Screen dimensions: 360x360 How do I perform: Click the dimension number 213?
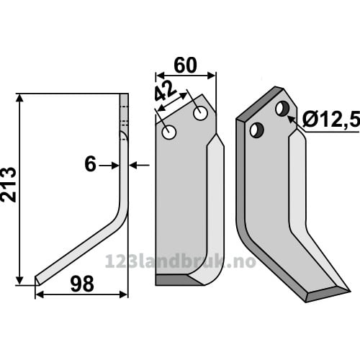click(x=9, y=185)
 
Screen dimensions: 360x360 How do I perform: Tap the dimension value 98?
click(x=82, y=284)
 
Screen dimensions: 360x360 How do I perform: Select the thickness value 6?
click(x=90, y=164)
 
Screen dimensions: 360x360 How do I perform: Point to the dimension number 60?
click(x=185, y=65)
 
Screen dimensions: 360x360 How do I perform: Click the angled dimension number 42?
click(x=166, y=91)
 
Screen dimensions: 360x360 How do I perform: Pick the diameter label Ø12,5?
click(x=331, y=119)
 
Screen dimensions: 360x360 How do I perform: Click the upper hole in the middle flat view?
click(x=200, y=113)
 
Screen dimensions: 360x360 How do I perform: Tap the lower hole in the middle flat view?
click(x=169, y=132)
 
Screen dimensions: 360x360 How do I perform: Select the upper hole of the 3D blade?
click(x=283, y=109)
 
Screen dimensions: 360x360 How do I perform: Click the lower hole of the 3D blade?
click(x=257, y=130)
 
